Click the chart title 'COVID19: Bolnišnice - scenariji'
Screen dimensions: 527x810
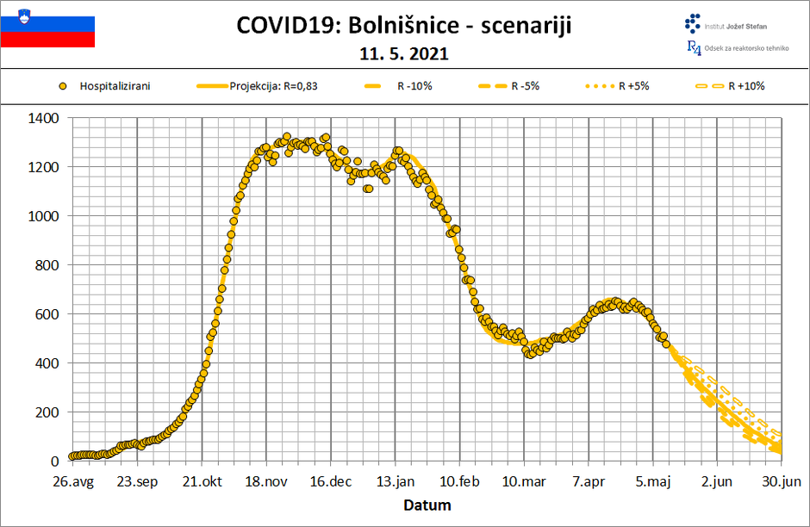(404, 26)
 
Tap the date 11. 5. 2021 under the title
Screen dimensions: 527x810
(404, 53)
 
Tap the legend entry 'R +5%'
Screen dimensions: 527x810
(633, 86)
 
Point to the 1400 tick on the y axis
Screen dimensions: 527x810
(42, 118)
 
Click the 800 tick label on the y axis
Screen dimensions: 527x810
(46, 265)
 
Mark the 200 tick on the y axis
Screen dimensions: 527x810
(46, 412)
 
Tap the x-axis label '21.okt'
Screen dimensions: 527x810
(201, 482)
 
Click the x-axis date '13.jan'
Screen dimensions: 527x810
(396, 482)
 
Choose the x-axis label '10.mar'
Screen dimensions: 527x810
(524, 482)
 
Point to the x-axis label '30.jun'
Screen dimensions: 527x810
(782, 482)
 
